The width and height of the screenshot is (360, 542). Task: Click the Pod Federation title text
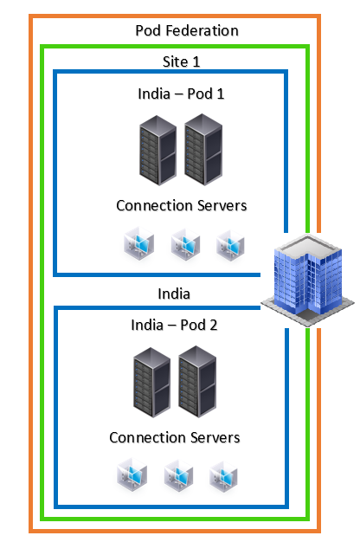click(187, 30)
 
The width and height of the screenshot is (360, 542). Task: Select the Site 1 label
click(181, 61)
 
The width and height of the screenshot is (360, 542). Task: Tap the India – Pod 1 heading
click(181, 94)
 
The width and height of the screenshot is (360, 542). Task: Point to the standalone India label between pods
click(174, 294)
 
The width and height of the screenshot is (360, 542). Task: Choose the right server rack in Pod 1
click(203, 150)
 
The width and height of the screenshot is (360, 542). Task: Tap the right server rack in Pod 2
click(198, 382)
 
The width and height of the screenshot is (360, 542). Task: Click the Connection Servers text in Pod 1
click(181, 205)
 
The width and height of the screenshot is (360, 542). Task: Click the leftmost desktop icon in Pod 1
click(138, 245)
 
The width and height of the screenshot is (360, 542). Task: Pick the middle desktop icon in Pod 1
click(185, 245)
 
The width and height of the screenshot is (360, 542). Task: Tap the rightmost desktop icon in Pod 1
click(230, 245)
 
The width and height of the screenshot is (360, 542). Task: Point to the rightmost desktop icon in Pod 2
click(223, 474)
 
